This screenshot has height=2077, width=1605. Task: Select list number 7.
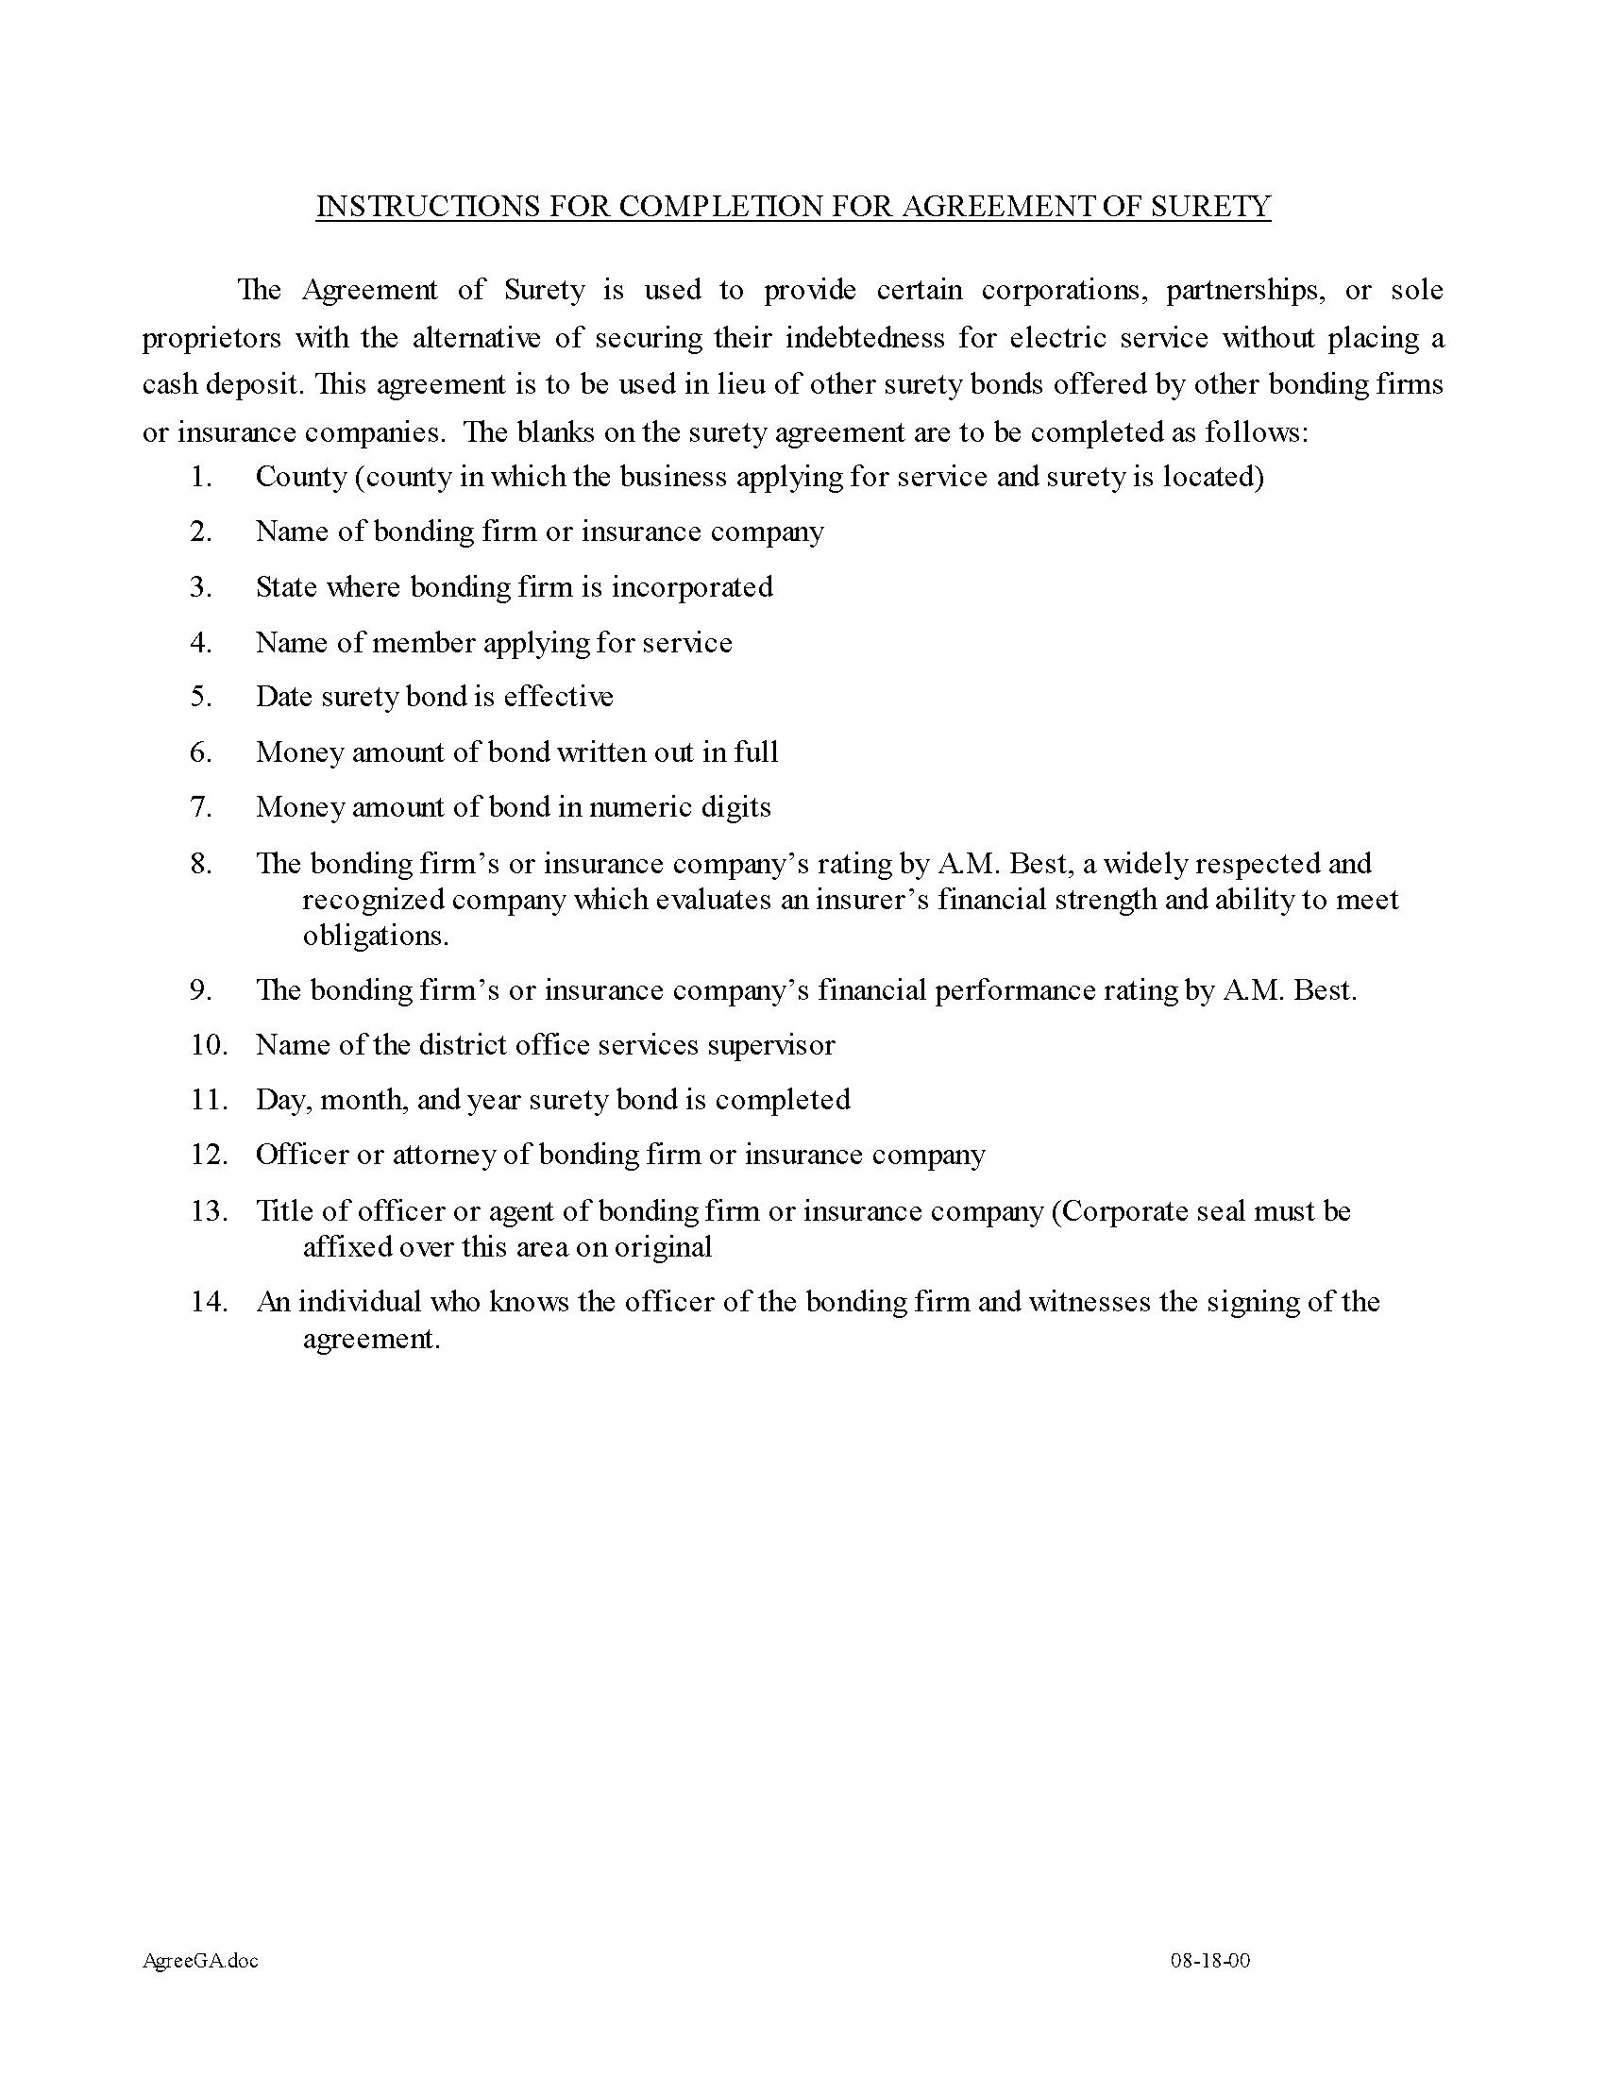tap(200, 807)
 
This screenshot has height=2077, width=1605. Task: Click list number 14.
tap(210, 1301)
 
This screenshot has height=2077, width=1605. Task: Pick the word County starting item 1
tap(300, 476)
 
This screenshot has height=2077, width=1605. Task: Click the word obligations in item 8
tap(375, 936)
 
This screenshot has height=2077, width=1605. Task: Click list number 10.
tap(210, 1045)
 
